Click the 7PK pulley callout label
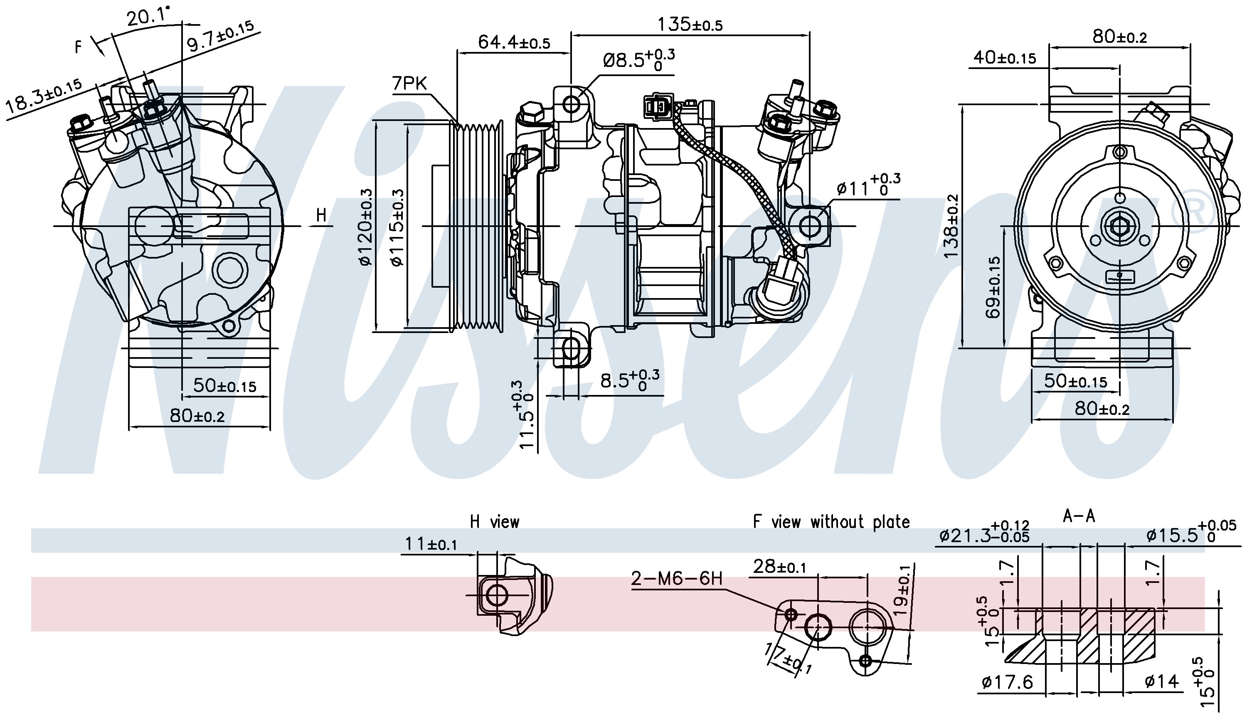(409, 83)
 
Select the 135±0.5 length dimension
(690, 24)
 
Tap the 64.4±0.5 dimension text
(514, 42)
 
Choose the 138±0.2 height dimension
(951, 225)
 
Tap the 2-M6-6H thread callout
(677, 578)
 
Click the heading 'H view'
(494, 522)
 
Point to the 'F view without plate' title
(831, 522)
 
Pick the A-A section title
(1079, 516)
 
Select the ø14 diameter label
(1162, 681)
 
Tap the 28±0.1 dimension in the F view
(779, 567)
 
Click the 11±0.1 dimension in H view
(431, 544)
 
